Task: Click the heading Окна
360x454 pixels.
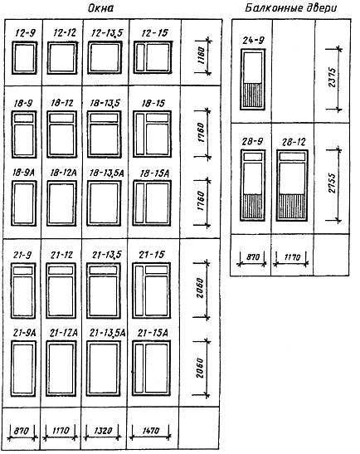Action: [x=100, y=7]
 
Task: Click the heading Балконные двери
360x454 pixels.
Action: [x=291, y=7]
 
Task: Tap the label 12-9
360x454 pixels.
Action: [x=25, y=33]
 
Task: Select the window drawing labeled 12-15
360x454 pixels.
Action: [x=153, y=57]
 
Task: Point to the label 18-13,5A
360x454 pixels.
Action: [x=106, y=173]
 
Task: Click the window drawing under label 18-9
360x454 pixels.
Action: [x=24, y=134]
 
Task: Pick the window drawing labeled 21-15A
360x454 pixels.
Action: [x=151, y=368]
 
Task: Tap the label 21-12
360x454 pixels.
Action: [x=61, y=255]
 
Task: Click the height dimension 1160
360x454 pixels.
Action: [x=202, y=56]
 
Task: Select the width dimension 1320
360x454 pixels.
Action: [x=103, y=431]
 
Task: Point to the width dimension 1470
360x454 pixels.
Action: [x=150, y=431]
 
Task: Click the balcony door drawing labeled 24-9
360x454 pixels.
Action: [x=253, y=80]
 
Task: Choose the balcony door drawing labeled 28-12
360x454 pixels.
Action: [x=292, y=185]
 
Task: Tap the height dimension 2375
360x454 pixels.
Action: [x=333, y=77]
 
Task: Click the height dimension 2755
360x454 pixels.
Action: [x=333, y=183]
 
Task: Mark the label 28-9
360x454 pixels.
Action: [x=252, y=142]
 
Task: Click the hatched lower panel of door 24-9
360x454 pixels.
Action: [x=253, y=95]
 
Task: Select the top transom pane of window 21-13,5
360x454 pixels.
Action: [x=104, y=270]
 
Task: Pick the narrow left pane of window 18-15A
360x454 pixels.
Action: [x=140, y=203]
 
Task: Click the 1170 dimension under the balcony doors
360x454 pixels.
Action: [x=292, y=257]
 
